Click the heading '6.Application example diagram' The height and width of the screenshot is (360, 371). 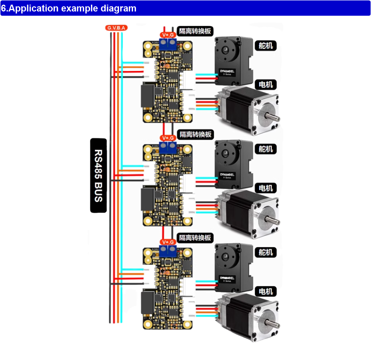pos(69,8)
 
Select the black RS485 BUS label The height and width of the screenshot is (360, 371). pos(98,175)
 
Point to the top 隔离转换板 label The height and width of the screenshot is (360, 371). pos(195,31)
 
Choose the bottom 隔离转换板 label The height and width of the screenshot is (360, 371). pos(195,238)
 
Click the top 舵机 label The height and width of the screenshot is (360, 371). pos(266,45)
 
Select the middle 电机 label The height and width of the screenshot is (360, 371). pos(266,188)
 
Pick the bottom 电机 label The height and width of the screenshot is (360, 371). pos(266,291)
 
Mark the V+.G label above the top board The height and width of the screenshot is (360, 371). pos(167,34)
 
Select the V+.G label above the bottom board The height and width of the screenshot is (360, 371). pos(167,242)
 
